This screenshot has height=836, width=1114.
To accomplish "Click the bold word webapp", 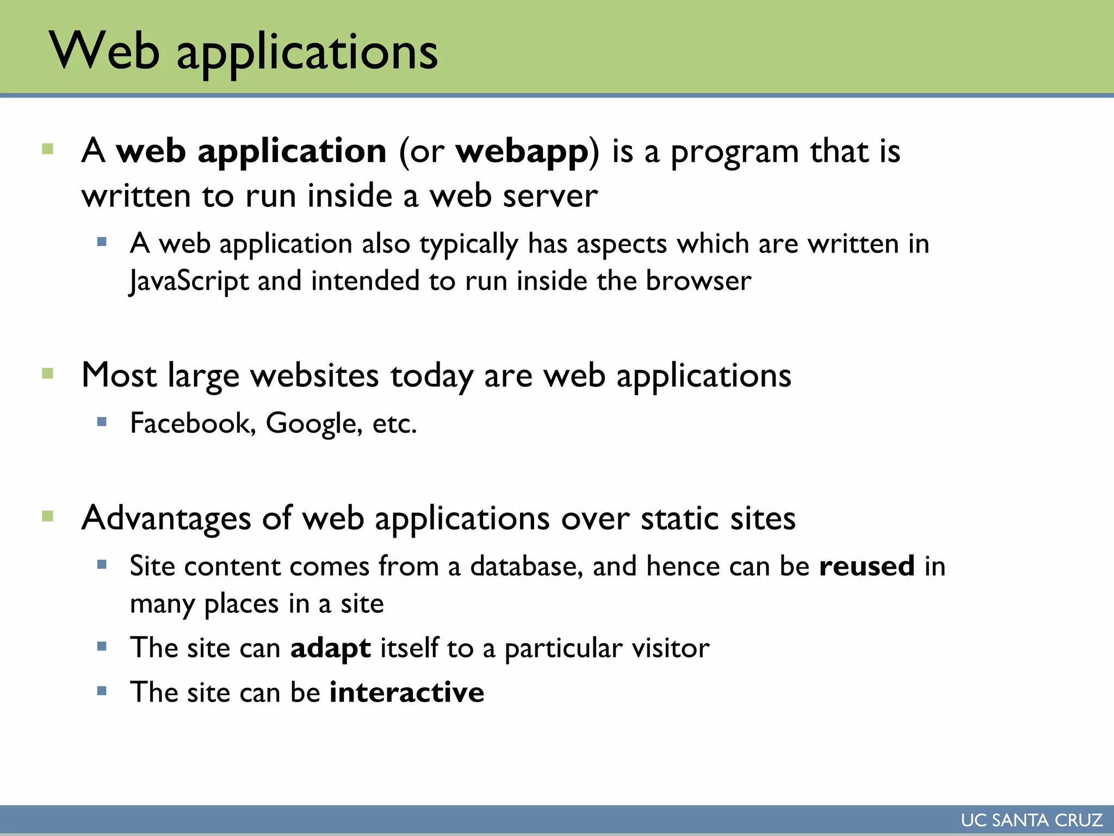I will tap(522, 152).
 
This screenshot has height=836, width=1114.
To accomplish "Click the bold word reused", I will tap(867, 567).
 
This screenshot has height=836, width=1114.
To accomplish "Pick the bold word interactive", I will tap(406, 693).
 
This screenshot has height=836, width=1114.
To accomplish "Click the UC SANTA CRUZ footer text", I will tap(1031, 820).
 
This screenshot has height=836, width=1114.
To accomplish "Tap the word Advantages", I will tap(166, 518).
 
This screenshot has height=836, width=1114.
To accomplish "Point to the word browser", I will tap(698, 281).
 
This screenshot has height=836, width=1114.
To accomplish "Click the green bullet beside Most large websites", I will tap(47, 373).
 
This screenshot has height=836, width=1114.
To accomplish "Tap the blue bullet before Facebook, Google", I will tap(102, 421).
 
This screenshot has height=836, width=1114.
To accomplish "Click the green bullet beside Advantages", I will tap(47, 516).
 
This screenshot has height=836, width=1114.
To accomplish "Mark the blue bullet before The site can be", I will tap(102, 691).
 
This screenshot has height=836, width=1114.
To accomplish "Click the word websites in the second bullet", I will tap(314, 376).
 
